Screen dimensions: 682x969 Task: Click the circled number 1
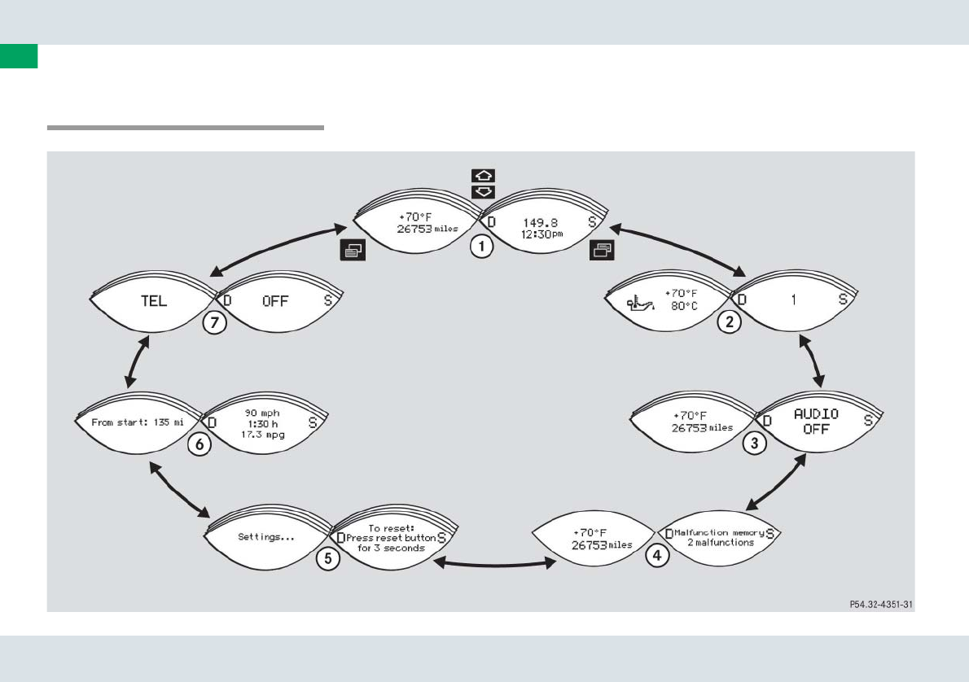coord(481,247)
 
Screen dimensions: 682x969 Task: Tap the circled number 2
coord(730,322)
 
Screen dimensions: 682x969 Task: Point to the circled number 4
coord(657,556)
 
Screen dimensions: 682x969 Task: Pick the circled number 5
coord(327,559)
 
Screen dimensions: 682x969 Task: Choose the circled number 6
coord(199,444)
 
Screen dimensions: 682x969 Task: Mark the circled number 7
coord(213,322)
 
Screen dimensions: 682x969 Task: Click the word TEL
coord(153,300)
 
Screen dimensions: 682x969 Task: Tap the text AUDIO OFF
coord(816,422)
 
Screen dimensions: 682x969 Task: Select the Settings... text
coord(265,536)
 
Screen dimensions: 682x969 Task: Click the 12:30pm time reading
coord(540,234)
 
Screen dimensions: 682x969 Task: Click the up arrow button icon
coord(484,176)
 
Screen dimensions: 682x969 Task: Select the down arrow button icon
coord(484,192)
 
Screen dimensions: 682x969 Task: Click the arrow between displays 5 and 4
coord(493,562)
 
